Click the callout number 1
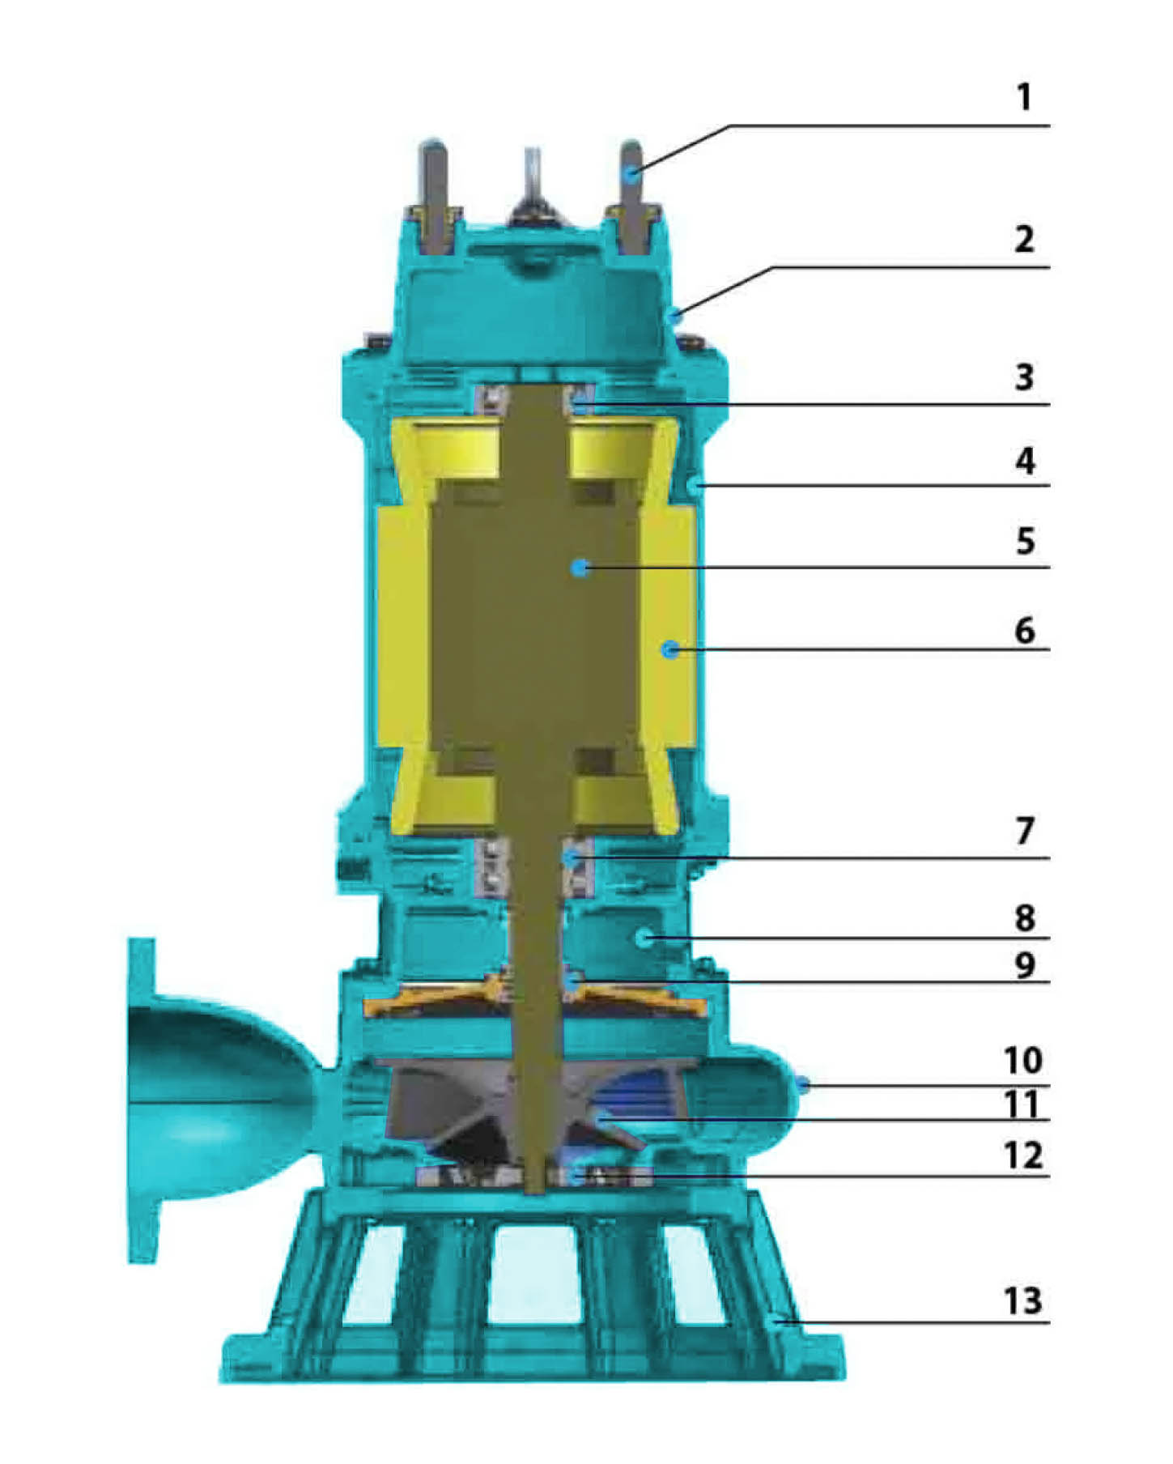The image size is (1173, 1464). [x=1025, y=97]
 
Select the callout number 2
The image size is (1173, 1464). [x=1024, y=239]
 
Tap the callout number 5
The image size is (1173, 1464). [x=1025, y=540]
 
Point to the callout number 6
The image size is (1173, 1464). [x=1025, y=630]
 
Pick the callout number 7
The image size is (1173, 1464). [x=1025, y=831]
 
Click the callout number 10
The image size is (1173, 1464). [x=1022, y=1060]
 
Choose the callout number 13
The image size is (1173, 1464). [x=1022, y=1301]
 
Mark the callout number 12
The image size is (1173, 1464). [x=1022, y=1156]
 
